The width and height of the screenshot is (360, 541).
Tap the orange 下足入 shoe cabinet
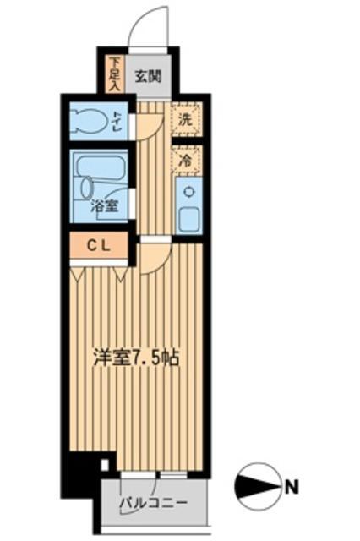pyautogui.click(x=117, y=74)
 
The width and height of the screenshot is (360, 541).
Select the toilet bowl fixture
pyautogui.click(x=91, y=121)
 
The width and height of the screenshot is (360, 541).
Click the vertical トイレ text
pyautogui.click(x=120, y=121)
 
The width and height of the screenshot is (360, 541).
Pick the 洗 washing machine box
pyautogui.click(x=185, y=119)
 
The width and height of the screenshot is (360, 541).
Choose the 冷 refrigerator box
pyautogui.click(x=185, y=158)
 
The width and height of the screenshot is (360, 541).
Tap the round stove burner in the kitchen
pyautogui.click(x=188, y=190)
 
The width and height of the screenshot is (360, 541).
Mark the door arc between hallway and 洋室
pyautogui.click(x=155, y=258)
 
